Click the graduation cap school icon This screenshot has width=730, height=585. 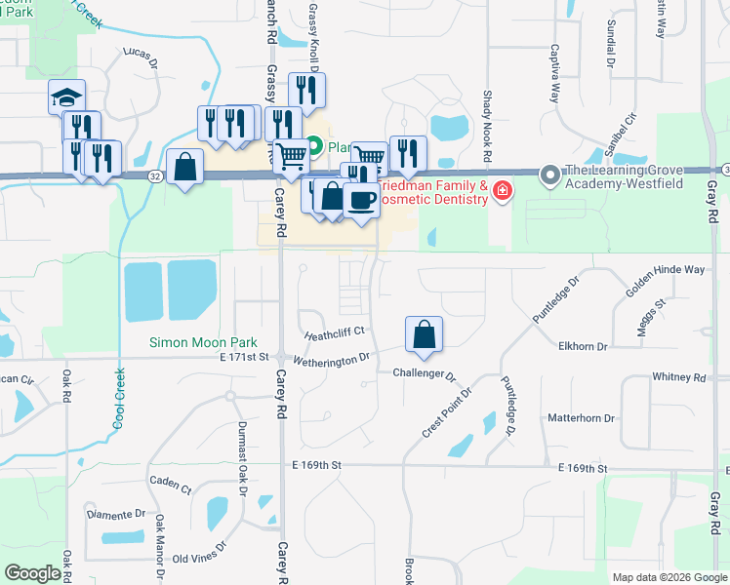pos(66,97)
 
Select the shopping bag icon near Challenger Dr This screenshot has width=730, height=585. pos(424,334)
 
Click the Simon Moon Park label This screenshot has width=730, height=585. pos(203,342)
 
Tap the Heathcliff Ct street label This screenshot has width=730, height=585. pos(334,332)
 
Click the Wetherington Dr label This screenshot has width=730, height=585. pos(338,358)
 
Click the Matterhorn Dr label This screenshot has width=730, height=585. pos(582,418)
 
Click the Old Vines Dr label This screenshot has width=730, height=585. pos(199,559)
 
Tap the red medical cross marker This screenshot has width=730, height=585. pos(502,190)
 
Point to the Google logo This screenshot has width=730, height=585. pos(33,574)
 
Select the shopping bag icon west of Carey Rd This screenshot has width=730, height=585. pos(184,168)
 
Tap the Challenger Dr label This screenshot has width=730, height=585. pos(425,374)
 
